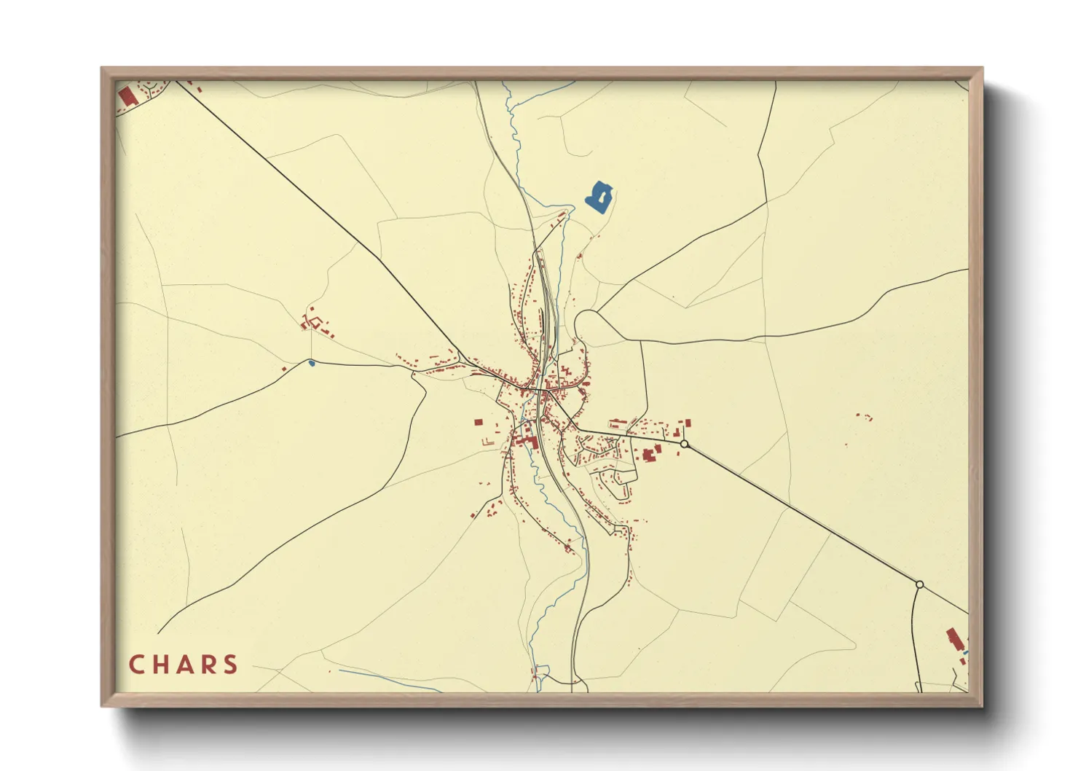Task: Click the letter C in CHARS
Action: click(x=136, y=665)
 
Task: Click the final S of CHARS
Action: click(x=230, y=665)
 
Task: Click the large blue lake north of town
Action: click(x=599, y=196)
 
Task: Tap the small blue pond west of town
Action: click(x=312, y=362)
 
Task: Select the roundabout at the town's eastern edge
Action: click(x=684, y=444)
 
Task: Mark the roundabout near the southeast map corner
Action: click(x=919, y=584)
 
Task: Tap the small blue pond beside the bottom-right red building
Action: click(x=965, y=654)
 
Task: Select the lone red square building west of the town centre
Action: click(x=479, y=422)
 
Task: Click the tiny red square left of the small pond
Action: click(x=284, y=369)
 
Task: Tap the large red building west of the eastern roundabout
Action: click(x=648, y=455)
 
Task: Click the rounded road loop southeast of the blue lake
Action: click(x=587, y=325)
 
